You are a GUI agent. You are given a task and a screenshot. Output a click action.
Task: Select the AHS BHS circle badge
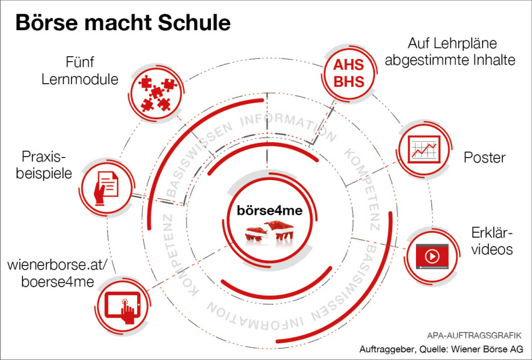pos(349,74)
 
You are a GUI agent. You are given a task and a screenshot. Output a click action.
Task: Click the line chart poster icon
pos(424,149)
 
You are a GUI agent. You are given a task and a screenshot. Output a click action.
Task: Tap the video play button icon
pos(432,256)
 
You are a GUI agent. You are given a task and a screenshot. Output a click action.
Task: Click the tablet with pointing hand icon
pos(123,307)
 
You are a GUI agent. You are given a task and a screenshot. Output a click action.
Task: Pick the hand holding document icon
pos(106,188)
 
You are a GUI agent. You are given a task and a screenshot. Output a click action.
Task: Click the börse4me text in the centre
pos(269,211)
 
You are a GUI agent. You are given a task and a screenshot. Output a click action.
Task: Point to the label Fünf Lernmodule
pos(80,71)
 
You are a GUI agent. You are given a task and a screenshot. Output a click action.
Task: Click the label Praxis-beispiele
pos(44,165)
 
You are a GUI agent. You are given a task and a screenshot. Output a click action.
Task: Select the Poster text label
pos(484,157)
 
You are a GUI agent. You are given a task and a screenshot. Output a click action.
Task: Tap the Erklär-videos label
pos(492,241)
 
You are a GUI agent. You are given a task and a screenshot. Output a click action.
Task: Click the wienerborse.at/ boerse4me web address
pos(57,273)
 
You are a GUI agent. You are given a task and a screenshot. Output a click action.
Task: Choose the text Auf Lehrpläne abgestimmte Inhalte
pos(450,51)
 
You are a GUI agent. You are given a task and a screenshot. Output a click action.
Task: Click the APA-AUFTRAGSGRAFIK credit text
pos(474,335)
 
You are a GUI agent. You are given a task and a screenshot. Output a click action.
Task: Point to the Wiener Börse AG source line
pos(441,349)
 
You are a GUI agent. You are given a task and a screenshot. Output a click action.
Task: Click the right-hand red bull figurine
pos(280,229)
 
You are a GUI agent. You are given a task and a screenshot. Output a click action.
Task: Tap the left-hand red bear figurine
pos(256,234)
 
